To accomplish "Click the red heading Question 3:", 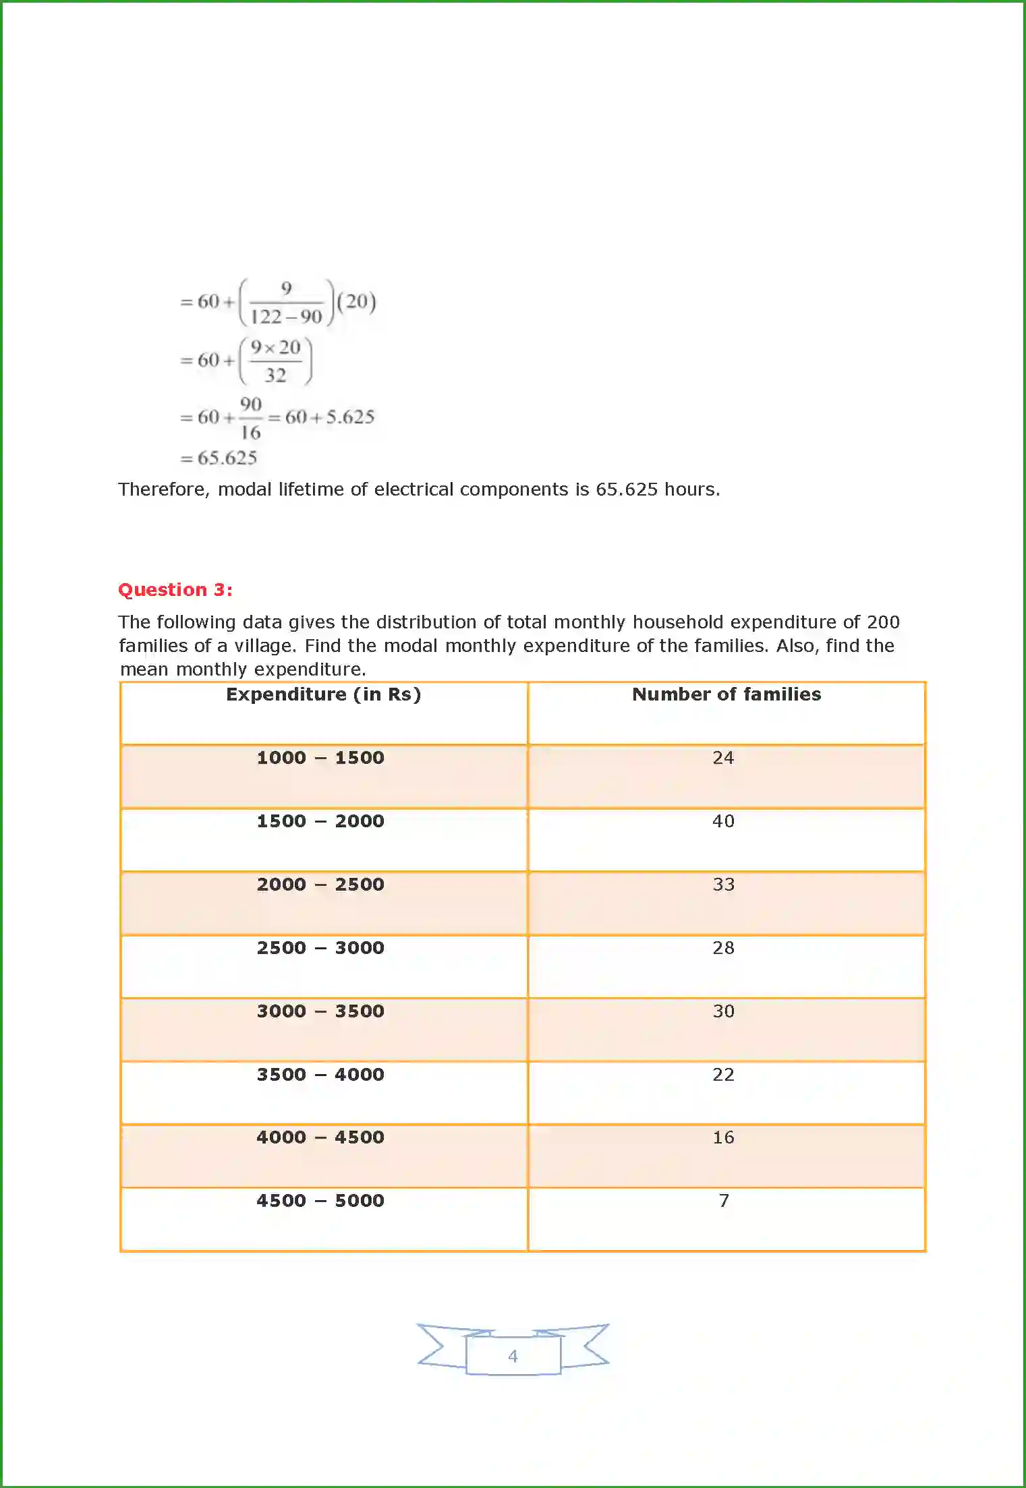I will pos(175,590).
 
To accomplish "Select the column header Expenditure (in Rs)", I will pos(323,694).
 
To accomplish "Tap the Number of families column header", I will pos(726,694).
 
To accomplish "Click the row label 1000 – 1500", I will pos(320,758).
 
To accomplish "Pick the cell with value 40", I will pos(723,821).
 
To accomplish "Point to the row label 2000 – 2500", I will pos(320,885).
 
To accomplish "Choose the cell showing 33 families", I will pos(723,885).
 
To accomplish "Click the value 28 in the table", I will pos(723,948).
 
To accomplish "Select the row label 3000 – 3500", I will pos(320,1011).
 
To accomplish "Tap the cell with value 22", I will pos(723,1075).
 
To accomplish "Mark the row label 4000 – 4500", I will pos(320,1137).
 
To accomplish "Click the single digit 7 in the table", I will pos(724,1201).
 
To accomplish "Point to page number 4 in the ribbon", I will pos(513,1356).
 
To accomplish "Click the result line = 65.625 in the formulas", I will pos(219,458).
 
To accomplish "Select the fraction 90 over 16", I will pos(250,418).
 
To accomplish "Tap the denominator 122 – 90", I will pos(286,317).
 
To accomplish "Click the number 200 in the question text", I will pos(883,622).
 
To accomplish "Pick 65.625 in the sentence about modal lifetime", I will pos(626,489).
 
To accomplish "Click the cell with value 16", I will pos(723,1137).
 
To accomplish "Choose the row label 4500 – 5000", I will pos(320,1201).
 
